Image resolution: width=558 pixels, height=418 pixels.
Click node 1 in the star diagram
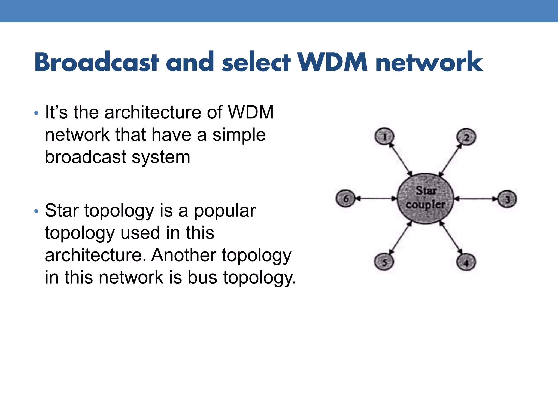coord(384,137)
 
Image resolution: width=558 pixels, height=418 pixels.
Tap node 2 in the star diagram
coord(466,137)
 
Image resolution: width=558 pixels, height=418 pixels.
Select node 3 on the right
coord(507,199)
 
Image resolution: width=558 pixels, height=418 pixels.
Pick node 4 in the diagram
coord(466,262)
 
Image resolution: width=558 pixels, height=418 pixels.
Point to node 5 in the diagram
coord(384,262)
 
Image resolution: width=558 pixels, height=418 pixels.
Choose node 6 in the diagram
coord(345,198)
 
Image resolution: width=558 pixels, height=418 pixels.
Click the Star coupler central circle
coord(425,198)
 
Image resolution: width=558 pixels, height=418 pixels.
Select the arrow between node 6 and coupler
coord(376,198)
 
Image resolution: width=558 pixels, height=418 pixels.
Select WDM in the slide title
coord(332,62)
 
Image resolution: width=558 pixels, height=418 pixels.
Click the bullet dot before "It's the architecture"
coord(36,113)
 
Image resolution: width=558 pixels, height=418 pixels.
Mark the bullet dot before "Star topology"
coord(36,211)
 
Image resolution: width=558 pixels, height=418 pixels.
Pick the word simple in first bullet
coord(239,135)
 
